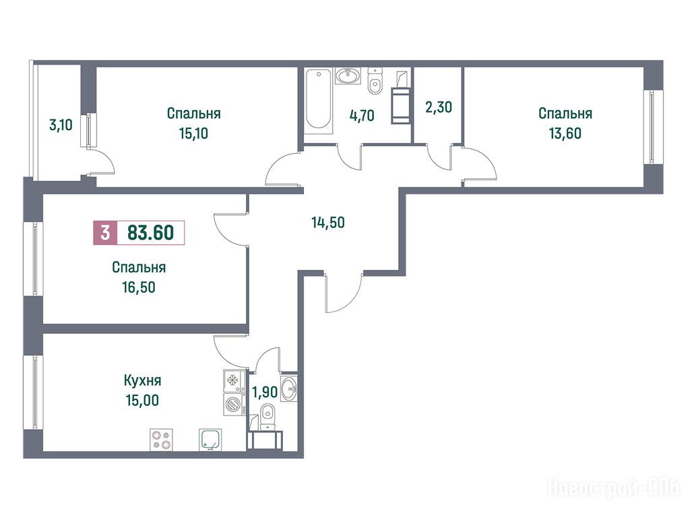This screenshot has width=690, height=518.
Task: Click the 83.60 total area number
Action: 150,233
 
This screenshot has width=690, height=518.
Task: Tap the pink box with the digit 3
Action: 105,233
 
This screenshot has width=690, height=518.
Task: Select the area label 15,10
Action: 193,134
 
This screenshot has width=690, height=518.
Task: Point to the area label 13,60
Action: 565,134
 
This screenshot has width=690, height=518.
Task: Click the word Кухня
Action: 143,380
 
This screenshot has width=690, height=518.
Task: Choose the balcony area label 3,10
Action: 61,125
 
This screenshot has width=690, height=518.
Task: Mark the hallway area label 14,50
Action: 328,223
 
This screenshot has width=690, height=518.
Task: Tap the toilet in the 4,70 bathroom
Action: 375,82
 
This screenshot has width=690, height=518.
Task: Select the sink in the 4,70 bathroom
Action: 348,76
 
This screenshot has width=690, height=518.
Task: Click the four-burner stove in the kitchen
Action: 161,440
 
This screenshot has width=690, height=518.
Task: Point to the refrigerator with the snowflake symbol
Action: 234,380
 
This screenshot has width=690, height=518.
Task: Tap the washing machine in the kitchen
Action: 234,404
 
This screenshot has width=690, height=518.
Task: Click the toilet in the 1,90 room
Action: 267,417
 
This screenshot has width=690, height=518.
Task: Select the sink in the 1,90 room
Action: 289,389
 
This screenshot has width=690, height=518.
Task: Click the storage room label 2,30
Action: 439,107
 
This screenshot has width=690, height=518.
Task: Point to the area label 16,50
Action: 139,287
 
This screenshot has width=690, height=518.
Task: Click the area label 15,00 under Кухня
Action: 142,401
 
